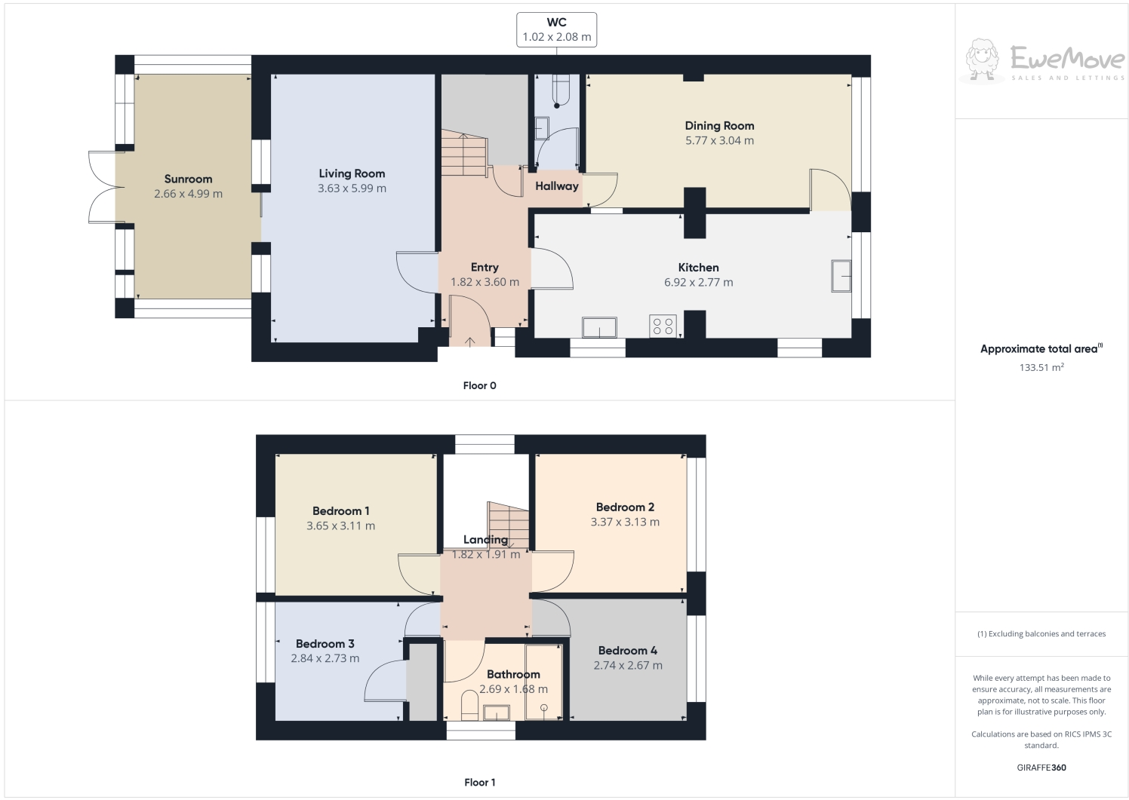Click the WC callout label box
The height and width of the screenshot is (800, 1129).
[x=556, y=30]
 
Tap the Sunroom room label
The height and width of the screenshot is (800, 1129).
[x=188, y=179]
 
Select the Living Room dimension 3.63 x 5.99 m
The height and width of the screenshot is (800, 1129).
[x=352, y=189]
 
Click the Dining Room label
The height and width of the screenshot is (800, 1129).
[x=719, y=126]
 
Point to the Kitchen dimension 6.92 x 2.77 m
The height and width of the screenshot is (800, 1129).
[x=698, y=283]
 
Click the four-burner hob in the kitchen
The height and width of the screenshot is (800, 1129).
[x=663, y=326]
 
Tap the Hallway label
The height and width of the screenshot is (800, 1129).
[x=557, y=186]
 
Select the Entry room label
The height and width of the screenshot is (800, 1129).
[x=485, y=267]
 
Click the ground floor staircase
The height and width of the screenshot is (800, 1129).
[x=463, y=155]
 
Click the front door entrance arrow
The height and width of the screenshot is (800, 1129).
[x=469, y=342]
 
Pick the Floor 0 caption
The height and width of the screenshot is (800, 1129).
[x=479, y=385]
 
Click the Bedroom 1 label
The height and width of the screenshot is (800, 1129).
[x=340, y=510]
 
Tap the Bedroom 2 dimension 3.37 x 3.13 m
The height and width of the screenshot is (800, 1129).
[x=625, y=522]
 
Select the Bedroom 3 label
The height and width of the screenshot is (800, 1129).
[x=325, y=643]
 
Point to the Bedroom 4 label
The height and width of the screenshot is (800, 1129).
[x=627, y=650]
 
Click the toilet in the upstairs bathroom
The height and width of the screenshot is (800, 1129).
[x=468, y=707]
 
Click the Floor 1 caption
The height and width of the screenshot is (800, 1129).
[x=479, y=782]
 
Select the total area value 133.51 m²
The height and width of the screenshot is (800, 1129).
[x=1041, y=368]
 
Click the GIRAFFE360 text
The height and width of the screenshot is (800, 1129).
[x=1041, y=768]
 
